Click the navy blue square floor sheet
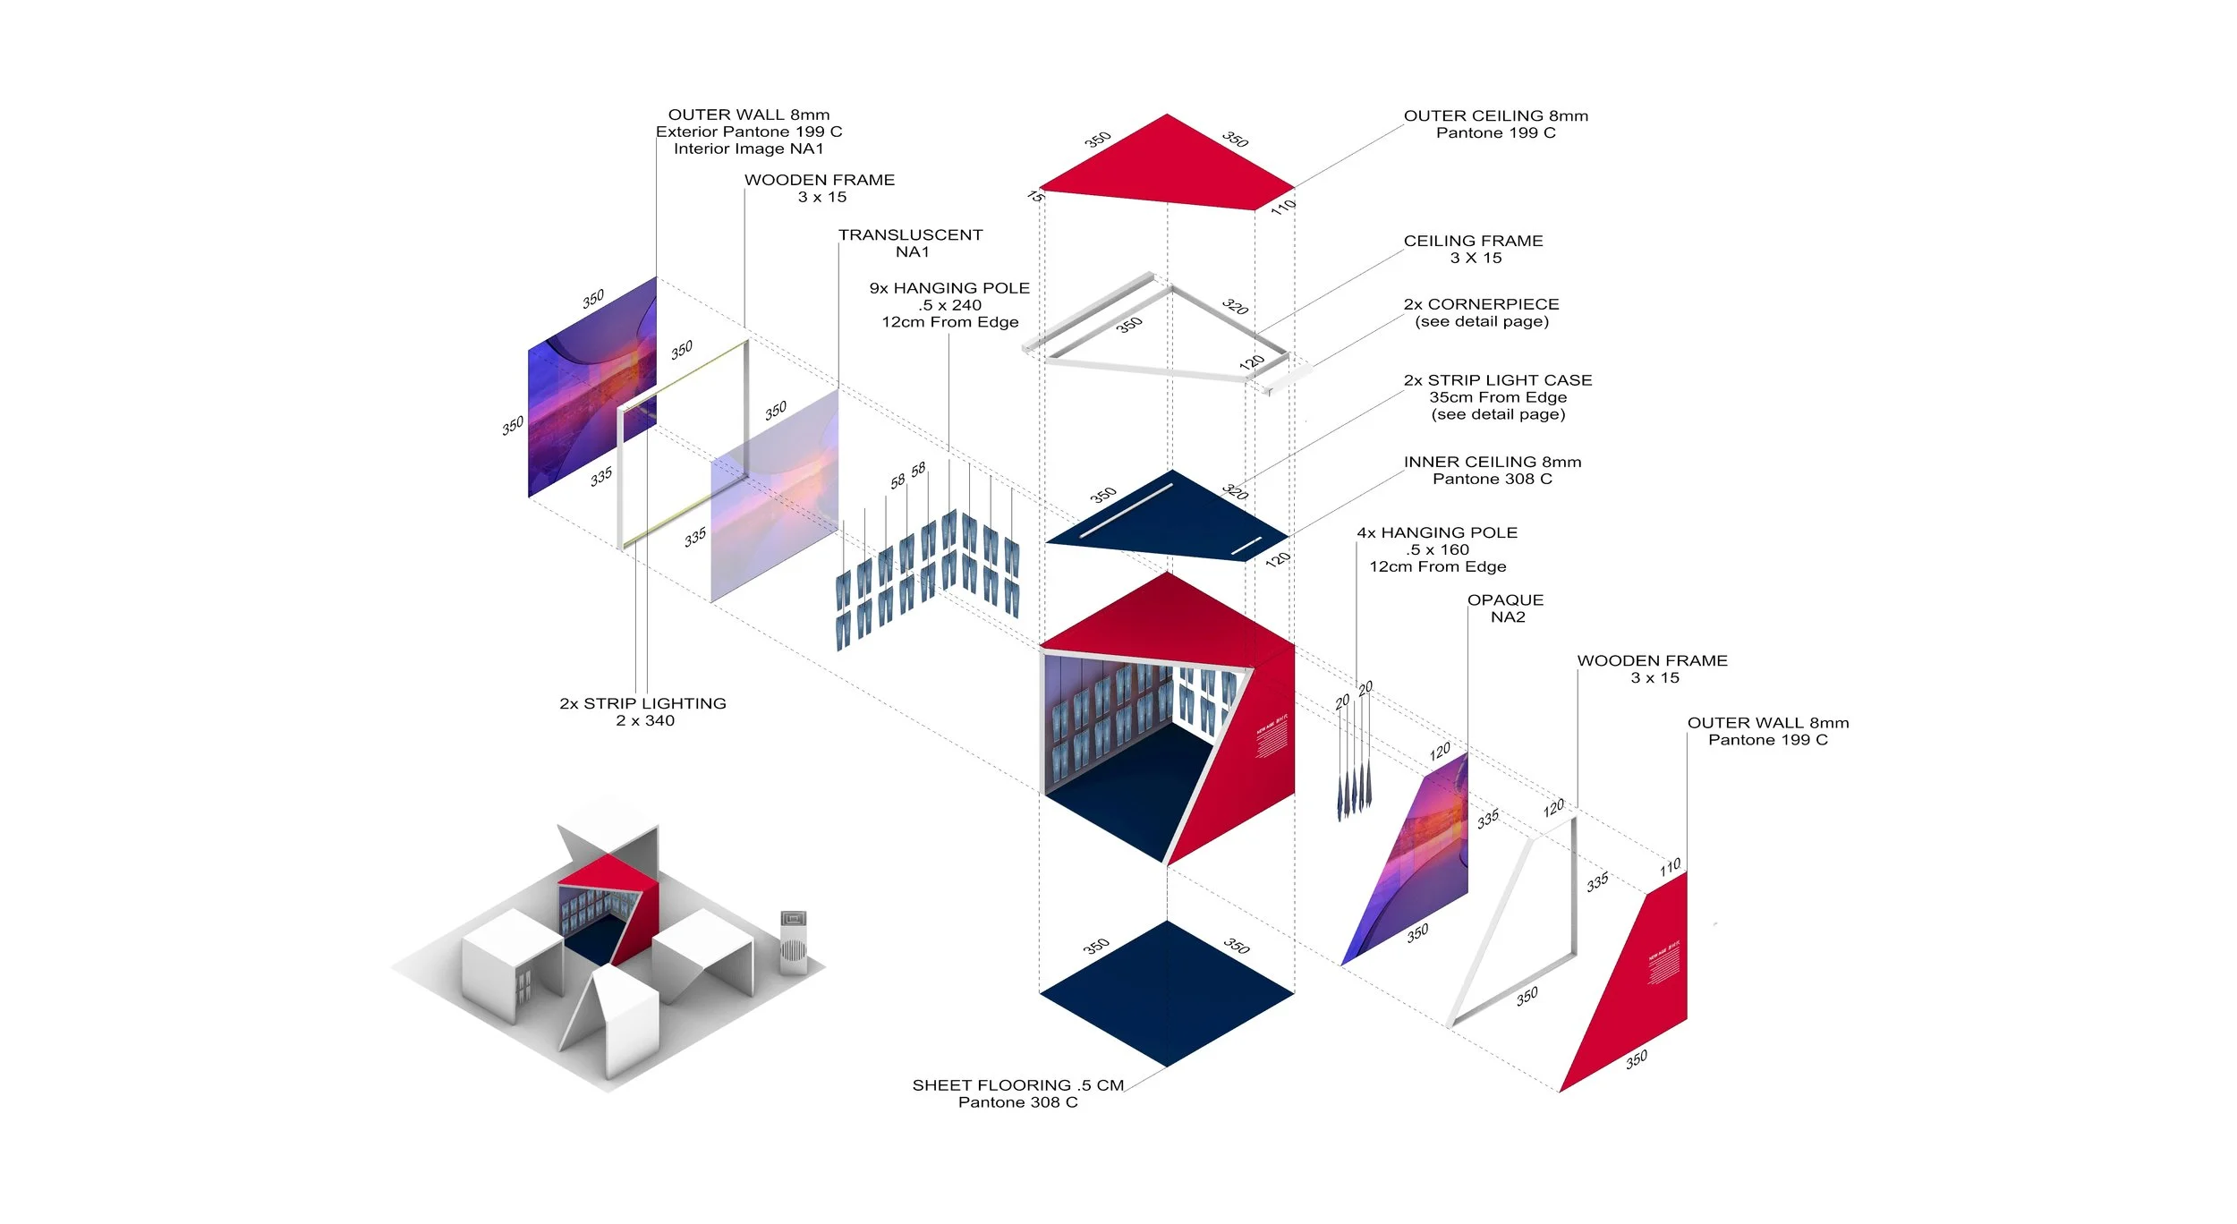[x=1167, y=992]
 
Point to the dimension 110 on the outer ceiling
[x=1283, y=207]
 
